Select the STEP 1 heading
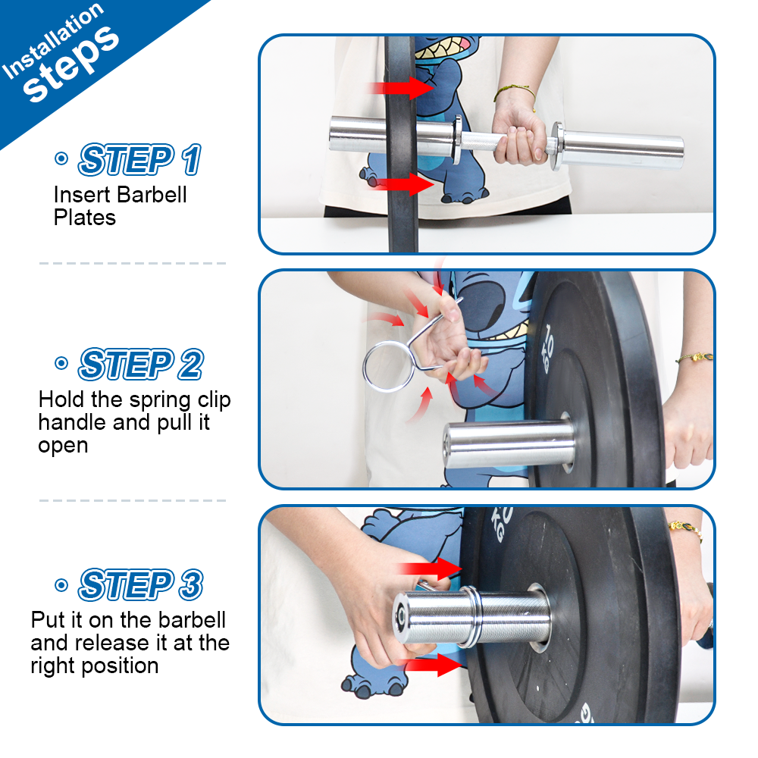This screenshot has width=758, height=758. click(x=140, y=160)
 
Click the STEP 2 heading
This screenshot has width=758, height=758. click(x=140, y=365)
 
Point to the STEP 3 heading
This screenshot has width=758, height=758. click(x=140, y=584)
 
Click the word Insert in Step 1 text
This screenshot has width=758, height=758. click(x=81, y=195)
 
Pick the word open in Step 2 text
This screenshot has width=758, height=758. click(x=63, y=445)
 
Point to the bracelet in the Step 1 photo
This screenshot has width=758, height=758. click(x=515, y=92)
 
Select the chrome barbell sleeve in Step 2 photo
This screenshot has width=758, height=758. click(x=507, y=445)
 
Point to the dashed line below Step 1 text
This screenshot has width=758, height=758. click(x=133, y=263)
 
